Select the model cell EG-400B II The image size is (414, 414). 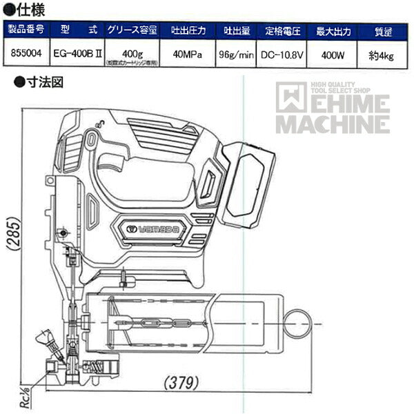point(76,53)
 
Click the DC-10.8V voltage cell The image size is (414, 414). point(284,53)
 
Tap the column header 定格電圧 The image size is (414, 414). point(284,30)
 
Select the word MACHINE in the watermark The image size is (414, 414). point(333,125)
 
